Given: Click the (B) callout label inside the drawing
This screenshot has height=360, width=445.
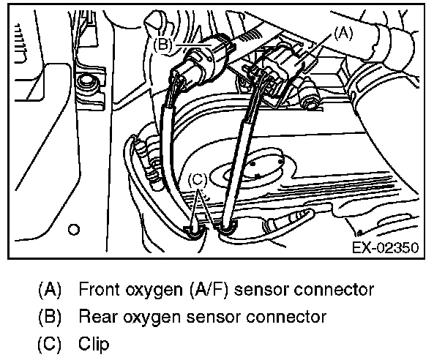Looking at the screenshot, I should coord(164,44).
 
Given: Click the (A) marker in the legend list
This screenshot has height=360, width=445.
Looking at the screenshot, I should coord(51,290).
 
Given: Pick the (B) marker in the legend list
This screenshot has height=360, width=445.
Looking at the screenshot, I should coord(51,317).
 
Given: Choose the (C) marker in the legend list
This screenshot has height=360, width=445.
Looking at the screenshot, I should coord(51,343).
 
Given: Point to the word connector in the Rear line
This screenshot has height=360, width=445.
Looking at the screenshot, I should coord(293,317).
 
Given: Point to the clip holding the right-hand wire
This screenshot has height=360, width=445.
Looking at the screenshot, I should coord(227,229).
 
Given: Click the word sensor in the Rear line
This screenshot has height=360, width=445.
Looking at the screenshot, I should coord(232,317).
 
